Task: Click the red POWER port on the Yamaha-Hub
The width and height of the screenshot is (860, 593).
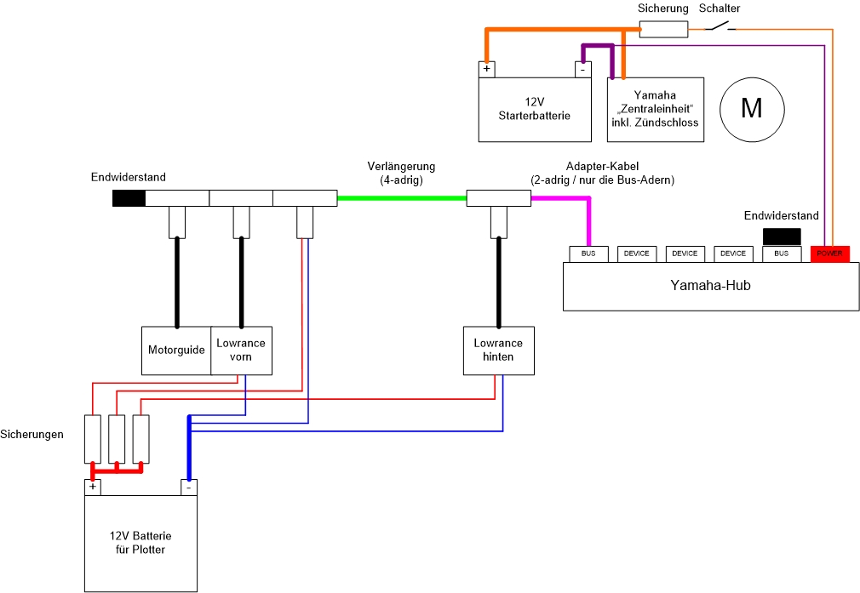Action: click(829, 254)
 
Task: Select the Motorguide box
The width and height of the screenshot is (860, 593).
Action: click(176, 350)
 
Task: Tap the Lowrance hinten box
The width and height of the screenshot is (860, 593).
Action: click(498, 350)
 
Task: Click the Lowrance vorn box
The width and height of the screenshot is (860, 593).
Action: click(241, 350)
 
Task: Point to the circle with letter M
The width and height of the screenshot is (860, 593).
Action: click(752, 108)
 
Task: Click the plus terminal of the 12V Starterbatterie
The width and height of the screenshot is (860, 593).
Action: click(487, 70)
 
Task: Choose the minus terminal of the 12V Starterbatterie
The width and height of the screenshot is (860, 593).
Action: click(582, 70)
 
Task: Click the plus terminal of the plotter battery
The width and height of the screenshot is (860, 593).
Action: click(92, 488)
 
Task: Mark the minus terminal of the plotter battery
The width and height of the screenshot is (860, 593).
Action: click(188, 488)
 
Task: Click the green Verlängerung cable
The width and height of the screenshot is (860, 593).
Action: click(401, 198)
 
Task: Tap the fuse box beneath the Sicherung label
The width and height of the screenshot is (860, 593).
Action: click(663, 30)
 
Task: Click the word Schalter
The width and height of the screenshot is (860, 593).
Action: click(720, 9)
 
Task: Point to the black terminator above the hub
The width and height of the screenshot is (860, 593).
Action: click(782, 237)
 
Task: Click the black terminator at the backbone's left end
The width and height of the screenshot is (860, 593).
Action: click(129, 198)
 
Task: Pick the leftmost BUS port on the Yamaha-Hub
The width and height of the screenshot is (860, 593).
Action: click(588, 254)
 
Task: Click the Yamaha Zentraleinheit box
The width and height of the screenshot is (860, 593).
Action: click(655, 109)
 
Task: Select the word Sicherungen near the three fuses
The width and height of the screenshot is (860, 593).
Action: click(33, 435)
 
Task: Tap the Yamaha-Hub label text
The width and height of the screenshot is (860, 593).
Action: click(710, 286)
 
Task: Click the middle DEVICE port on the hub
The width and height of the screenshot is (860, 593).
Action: click(685, 254)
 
